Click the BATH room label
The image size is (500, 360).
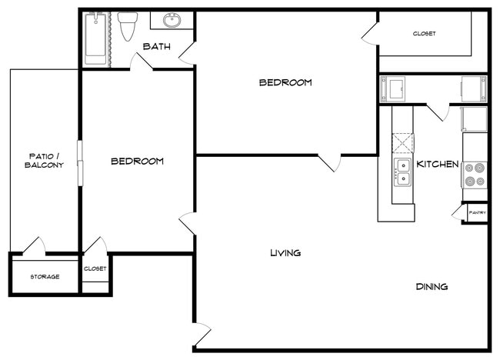[156, 47]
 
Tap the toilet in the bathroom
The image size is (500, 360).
[128, 27]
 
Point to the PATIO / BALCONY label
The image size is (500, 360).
[43, 161]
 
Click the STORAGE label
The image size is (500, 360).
[45, 277]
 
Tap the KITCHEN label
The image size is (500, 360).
[438, 164]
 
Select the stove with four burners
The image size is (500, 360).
[474, 175]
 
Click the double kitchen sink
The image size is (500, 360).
[402, 172]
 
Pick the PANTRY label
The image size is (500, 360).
[477, 213]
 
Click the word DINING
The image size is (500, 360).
[432, 287]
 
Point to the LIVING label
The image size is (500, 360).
[285, 253]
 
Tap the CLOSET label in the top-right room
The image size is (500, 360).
[424, 34]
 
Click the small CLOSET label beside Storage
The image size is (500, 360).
[95, 268]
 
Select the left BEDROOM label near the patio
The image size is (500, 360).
[138, 162]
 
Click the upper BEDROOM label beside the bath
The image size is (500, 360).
[285, 82]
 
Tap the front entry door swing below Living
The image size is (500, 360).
[202, 335]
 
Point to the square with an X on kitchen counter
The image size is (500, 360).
[402, 142]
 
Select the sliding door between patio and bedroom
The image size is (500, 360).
[80, 162]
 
